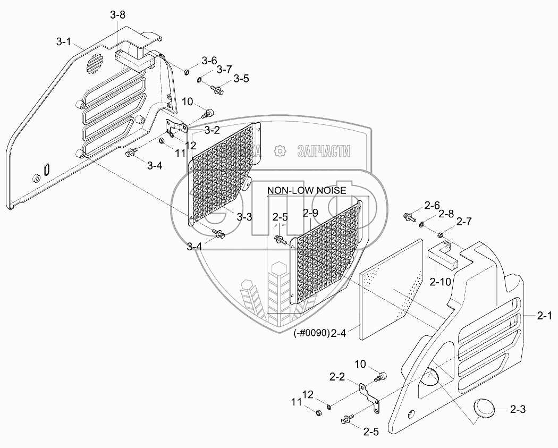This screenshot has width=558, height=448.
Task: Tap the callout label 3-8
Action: tap(118, 16)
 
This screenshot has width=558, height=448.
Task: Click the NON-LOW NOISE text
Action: tap(307, 190)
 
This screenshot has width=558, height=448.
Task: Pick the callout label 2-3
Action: tap(518, 409)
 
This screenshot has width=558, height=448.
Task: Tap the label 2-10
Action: tap(441, 282)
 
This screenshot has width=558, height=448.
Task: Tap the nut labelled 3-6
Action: tap(187, 71)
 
